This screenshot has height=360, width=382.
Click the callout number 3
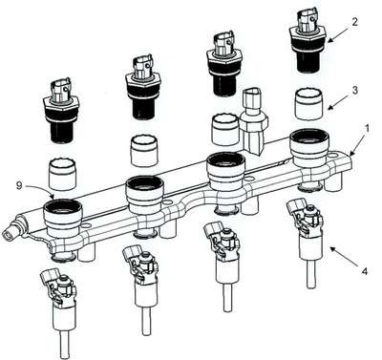pos(354,90)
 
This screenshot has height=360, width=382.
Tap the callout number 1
pos(367,129)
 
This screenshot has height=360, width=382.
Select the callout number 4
pos(365,271)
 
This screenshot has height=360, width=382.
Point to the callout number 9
pos(19,185)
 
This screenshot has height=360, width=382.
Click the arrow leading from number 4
pos(345,258)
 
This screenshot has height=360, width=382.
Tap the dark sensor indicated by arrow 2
pos(308,40)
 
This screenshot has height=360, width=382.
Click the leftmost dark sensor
pos(61,111)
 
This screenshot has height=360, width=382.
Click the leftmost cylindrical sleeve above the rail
pos(62,175)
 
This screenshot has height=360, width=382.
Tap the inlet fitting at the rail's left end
pos(12,231)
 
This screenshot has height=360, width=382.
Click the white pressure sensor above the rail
pos(255,121)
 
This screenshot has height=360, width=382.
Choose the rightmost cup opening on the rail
pos(309,136)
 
